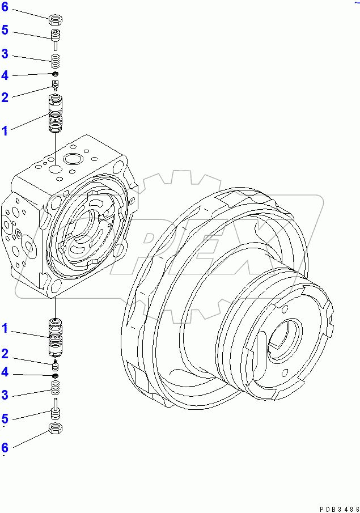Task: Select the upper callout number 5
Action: (5, 30)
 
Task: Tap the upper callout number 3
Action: (5, 54)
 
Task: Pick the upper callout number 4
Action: (5, 75)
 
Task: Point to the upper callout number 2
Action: (5, 97)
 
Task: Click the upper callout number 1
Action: (5, 131)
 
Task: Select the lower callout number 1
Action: (5, 328)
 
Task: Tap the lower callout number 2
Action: (5, 354)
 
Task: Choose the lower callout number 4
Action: (5, 372)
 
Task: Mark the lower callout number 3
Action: (5, 395)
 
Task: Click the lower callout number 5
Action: (5, 419)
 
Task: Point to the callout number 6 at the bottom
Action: (5, 447)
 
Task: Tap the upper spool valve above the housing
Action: (55, 114)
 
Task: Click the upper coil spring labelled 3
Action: (55, 61)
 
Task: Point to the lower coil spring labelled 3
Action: (56, 388)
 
